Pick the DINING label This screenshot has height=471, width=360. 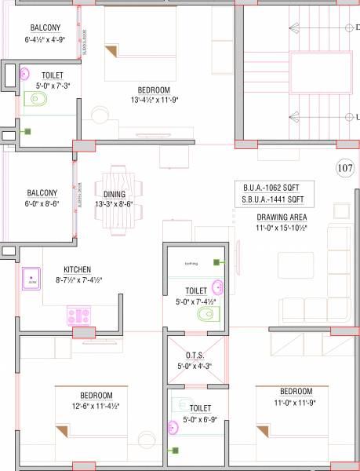coord(114,195)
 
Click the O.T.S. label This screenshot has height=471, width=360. coord(195,355)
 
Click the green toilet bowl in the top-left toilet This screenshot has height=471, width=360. coord(35,100)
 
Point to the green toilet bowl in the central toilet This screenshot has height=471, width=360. coord(205,314)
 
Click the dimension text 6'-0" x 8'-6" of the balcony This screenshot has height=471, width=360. coord(42,203)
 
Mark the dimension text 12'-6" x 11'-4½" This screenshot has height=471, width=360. coord(96,406)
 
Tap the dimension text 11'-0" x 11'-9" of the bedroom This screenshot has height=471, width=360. coord(296,402)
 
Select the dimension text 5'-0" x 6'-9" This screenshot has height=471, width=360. coord(200,419)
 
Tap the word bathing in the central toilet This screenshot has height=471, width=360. coord(191,263)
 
